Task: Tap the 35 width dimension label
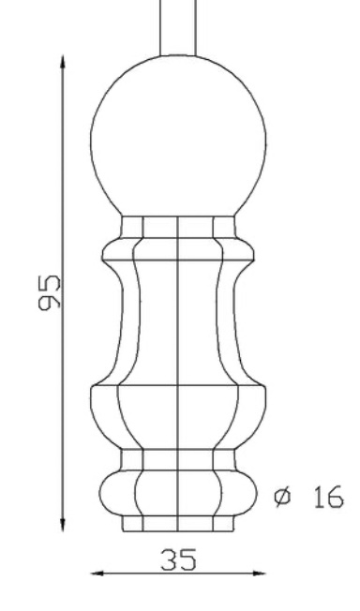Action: click(178, 560)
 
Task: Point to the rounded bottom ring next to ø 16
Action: click(178, 491)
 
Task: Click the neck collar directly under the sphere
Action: click(178, 227)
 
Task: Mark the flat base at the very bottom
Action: click(178, 524)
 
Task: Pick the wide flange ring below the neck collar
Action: click(178, 249)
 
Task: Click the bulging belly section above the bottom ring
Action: click(178, 417)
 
